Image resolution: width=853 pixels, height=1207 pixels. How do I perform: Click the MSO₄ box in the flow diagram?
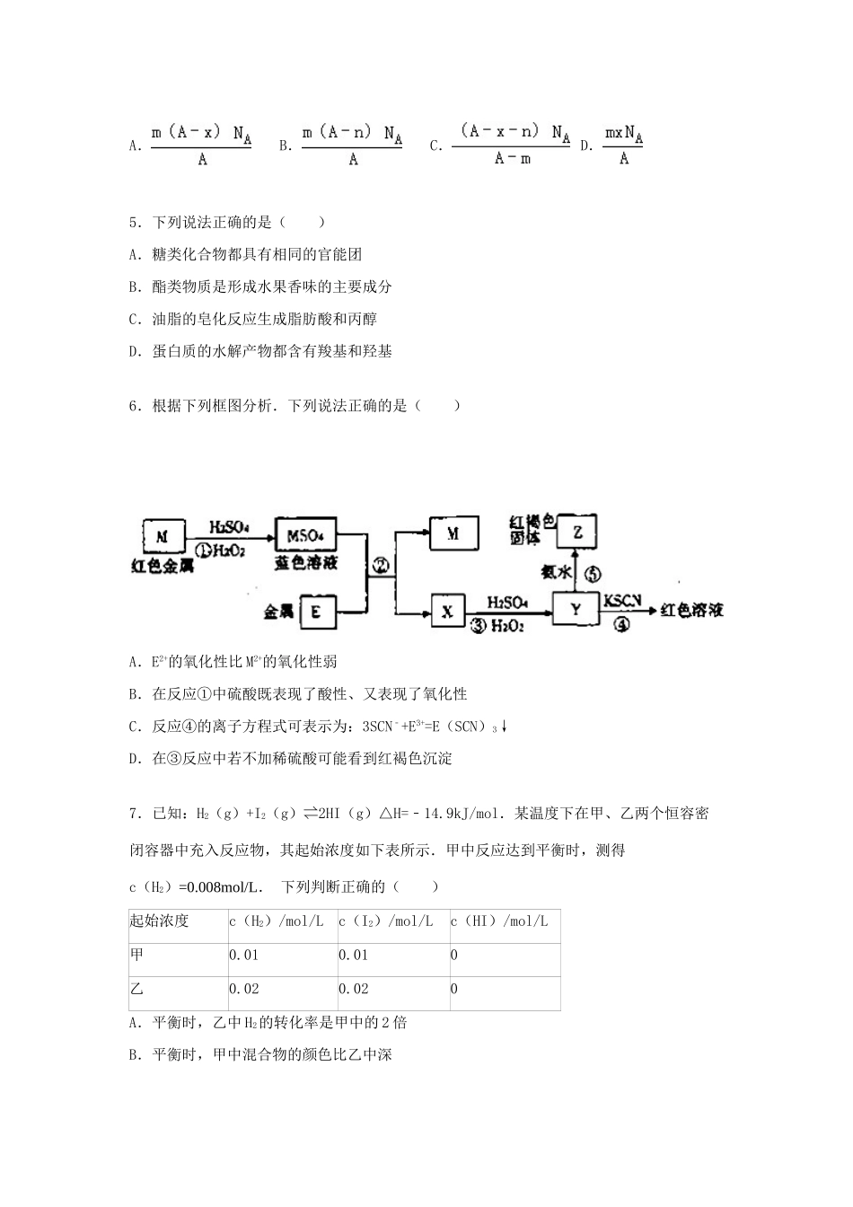[x=305, y=535]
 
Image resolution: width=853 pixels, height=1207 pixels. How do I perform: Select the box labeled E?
[x=316, y=612]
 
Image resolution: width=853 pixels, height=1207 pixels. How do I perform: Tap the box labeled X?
[x=447, y=612]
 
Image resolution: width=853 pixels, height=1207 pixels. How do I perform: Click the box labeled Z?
[x=577, y=532]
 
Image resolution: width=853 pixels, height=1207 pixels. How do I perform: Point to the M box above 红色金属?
[x=163, y=536]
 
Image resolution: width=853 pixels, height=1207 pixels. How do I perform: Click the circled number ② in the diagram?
[x=381, y=565]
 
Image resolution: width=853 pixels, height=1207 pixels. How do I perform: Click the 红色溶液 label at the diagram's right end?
[x=691, y=611]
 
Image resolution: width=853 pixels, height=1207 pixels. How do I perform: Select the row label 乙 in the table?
[x=136, y=989]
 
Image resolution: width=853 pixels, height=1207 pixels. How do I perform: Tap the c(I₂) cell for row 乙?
[x=354, y=989]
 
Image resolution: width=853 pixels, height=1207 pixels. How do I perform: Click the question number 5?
[x=134, y=222]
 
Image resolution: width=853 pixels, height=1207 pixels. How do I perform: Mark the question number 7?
[x=134, y=814]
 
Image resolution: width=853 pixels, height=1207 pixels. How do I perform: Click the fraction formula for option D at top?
[x=623, y=145]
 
